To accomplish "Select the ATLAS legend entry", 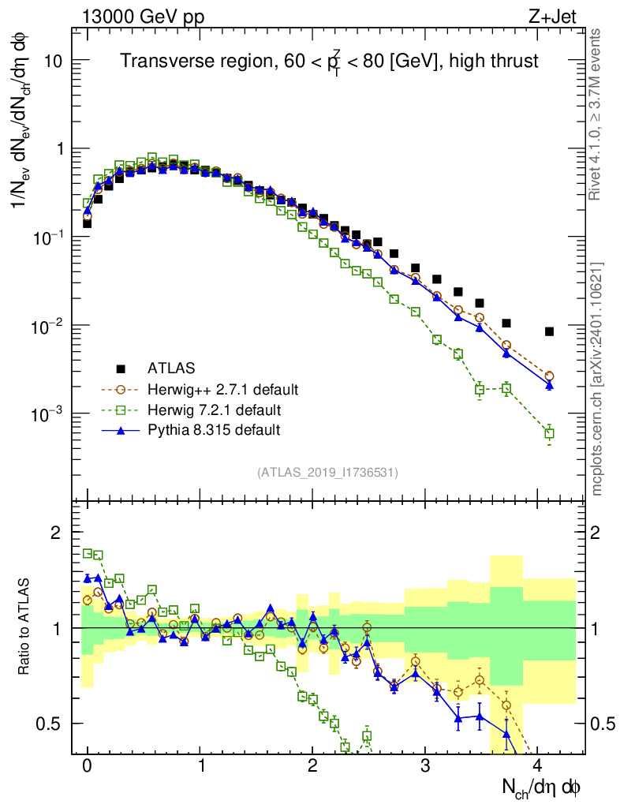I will tap(170, 368).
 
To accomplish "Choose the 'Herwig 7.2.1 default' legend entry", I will tap(213, 410).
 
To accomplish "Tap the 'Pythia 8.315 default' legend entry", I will tap(214, 430).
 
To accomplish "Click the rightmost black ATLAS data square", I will tap(549, 331).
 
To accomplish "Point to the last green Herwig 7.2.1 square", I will tap(549, 433).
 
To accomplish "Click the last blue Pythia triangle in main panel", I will tap(549, 385).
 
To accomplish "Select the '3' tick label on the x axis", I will tap(425, 766).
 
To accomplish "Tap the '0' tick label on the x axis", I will tap(87, 766).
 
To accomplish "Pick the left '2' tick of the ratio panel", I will tap(56, 533).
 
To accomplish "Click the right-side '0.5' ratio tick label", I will tap(603, 724).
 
